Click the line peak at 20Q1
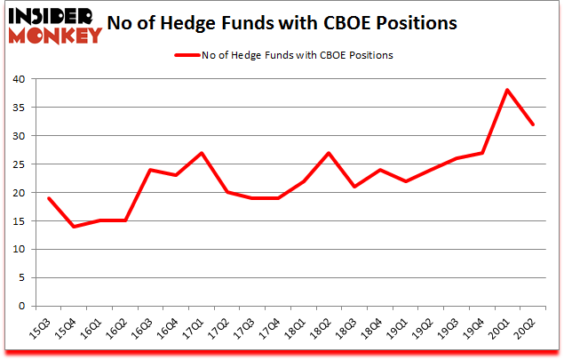tap(507, 90)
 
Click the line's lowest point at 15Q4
tap(75, 227)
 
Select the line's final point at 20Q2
tap(533, 124)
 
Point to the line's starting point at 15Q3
tap(49, 198)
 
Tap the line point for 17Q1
tap(202, 153)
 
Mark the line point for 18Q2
tap(329, 153)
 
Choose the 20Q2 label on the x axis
tap(526, 332)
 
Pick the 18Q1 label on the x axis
tap(297, 332)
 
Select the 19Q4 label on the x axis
tap(475, 332)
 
